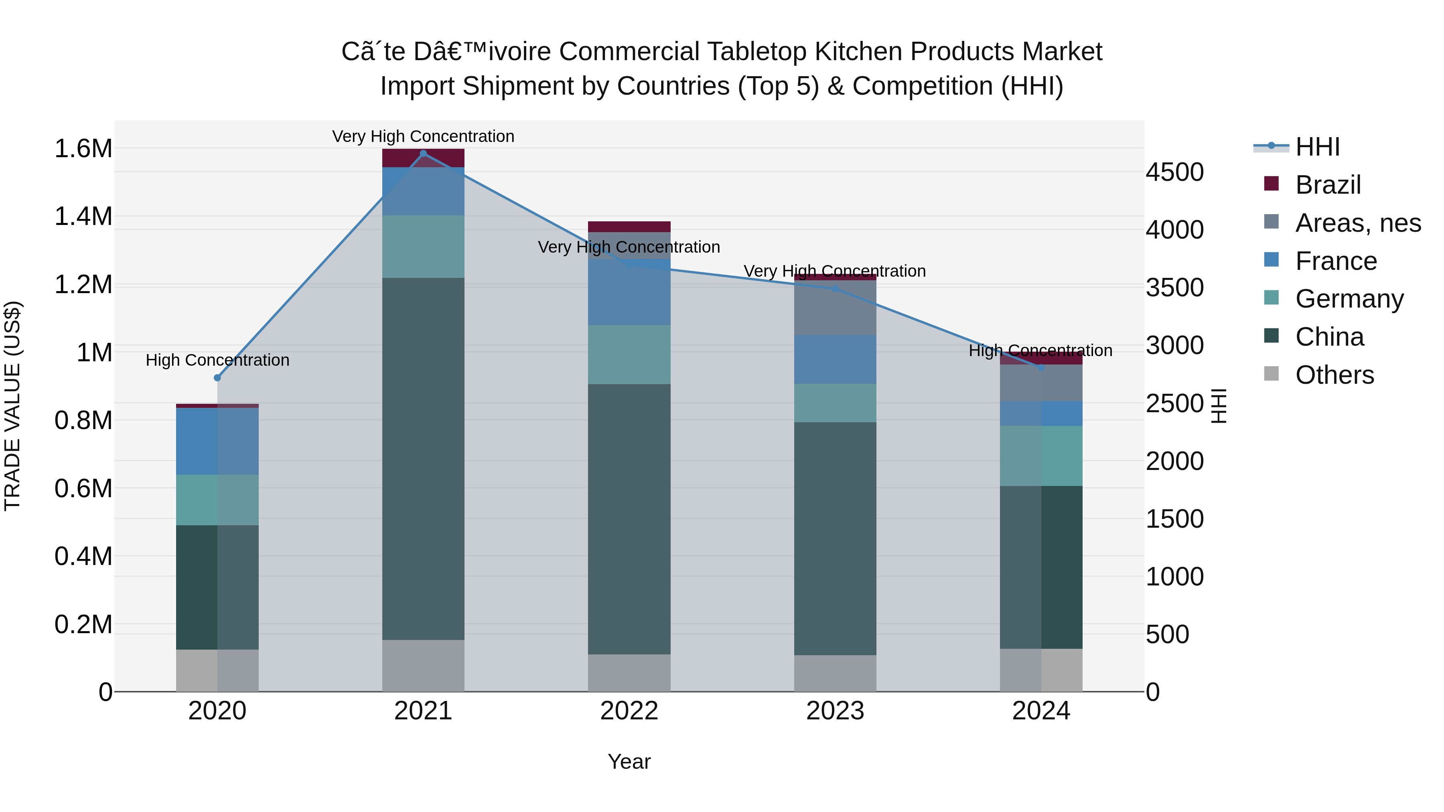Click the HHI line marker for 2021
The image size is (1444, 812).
click(423, 154)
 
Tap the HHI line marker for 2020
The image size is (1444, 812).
click(217, 378)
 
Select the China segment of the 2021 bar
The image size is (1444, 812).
click(423, 458)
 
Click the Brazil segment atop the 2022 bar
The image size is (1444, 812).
click(629, 227)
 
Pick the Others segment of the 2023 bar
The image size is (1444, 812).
click(835, 673)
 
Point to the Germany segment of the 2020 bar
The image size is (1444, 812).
click(217, 500)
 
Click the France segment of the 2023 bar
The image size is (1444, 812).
click(835, 359)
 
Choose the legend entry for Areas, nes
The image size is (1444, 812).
click(1358, 223)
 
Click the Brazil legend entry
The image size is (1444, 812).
click(1327, 185)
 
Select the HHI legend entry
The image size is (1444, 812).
click(1317, 147)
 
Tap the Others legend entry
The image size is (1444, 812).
click(1334, 375)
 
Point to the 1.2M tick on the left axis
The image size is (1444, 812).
click(83, 285)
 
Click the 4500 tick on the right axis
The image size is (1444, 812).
click(1174, 172)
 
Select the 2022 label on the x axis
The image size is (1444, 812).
click(629, 711)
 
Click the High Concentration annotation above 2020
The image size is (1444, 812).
click(217, 360)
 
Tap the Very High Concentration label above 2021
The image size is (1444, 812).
click(423, 136)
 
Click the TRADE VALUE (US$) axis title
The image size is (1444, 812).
click(12, 406)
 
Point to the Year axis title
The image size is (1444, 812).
click(629, 761)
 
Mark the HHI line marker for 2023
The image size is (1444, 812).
click(835, 289)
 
